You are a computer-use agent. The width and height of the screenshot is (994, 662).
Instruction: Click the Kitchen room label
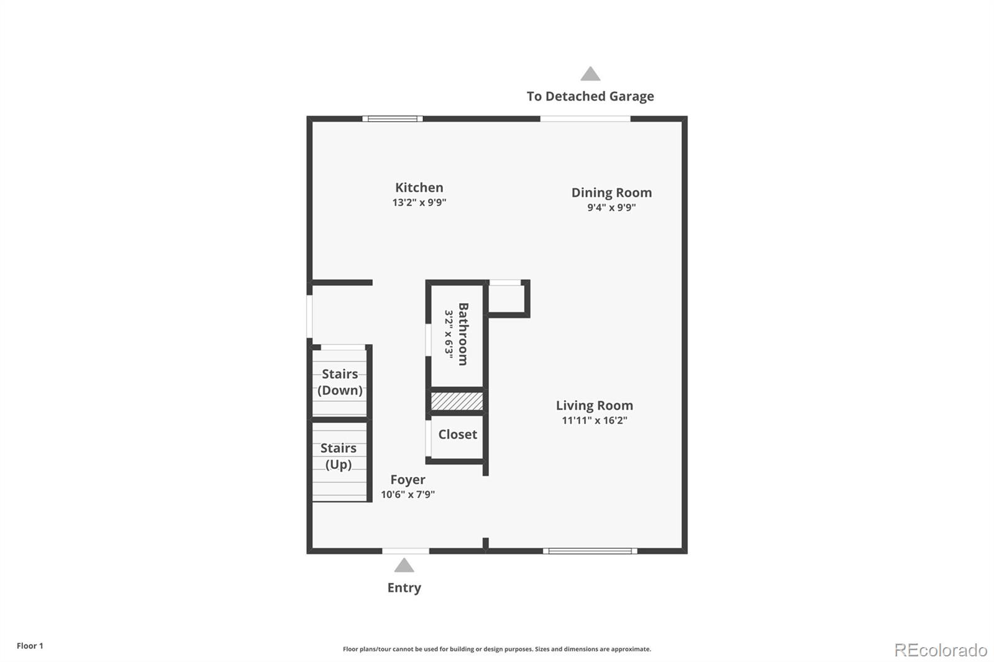click(x=419, y=188)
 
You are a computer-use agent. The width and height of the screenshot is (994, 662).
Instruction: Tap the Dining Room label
click(x=611, y=193)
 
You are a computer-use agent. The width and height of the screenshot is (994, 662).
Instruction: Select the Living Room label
click(x=595, y=406)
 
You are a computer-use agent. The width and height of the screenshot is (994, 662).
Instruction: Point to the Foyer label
click(x=408, y=479)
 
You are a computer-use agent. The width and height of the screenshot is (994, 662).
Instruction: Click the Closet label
click(x=457, y=435)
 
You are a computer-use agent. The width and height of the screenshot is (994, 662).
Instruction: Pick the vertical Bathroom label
click(x=463, y=334)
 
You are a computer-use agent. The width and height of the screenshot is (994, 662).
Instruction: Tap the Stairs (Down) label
click(x=340, y=382)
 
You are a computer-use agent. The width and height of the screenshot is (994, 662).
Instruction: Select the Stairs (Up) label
click(x=339, y=456)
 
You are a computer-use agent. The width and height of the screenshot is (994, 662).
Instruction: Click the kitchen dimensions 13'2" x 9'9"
click(x=419, y=202)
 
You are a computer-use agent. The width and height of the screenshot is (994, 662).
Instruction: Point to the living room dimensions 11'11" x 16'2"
click(x=595, y=420)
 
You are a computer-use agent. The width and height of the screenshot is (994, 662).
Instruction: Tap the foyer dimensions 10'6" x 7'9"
click(x=408, y=494)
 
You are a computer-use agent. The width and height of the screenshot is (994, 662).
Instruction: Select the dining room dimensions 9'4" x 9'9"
click(x=611, y=207)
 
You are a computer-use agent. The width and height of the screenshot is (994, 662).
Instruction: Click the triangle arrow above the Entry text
click(x=404, y=565)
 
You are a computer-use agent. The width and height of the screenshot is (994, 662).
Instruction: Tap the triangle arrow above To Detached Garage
click(x=590, y=75)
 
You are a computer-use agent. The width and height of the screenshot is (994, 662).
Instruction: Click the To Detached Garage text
click(x=590, y=96)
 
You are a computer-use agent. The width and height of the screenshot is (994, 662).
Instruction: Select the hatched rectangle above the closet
click(x=457, y=401)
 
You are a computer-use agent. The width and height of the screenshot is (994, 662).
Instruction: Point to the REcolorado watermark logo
click(x=941, y=650)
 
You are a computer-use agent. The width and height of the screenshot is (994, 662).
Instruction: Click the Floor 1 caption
click(x=30, y=646)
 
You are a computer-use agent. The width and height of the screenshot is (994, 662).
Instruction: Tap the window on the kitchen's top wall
click(x=393, y=119)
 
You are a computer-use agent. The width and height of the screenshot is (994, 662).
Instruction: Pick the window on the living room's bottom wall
click(x=590, y=551)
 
